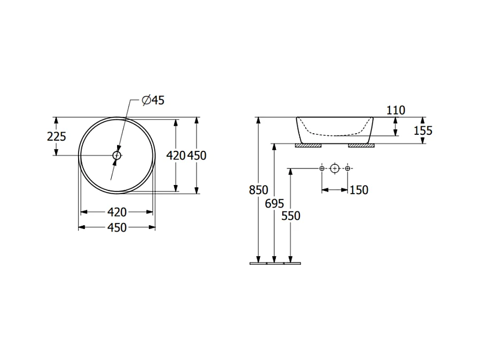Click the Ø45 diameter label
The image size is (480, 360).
(153, 100)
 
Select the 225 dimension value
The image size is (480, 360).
(57, 136)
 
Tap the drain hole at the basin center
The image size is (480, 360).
(117, 155)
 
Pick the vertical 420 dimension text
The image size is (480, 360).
(176, 155)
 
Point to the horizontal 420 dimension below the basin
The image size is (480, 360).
(117, 212)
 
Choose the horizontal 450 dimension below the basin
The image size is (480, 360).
(117, 228)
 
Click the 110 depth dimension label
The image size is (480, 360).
(396, 110)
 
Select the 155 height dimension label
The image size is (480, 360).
(422, 130)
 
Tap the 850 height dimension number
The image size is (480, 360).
(259, 190)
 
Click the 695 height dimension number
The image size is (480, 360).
(274, 203)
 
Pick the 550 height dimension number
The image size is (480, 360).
(291, 216)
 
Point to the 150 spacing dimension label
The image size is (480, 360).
(359, 190)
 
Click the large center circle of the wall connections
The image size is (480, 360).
(335, 169)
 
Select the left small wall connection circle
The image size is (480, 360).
(322, 169)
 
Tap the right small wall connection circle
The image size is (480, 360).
(348, 169)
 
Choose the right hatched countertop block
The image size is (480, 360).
(361, 145)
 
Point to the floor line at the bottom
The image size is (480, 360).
(275, 263)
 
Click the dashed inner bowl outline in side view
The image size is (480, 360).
(335, 134)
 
